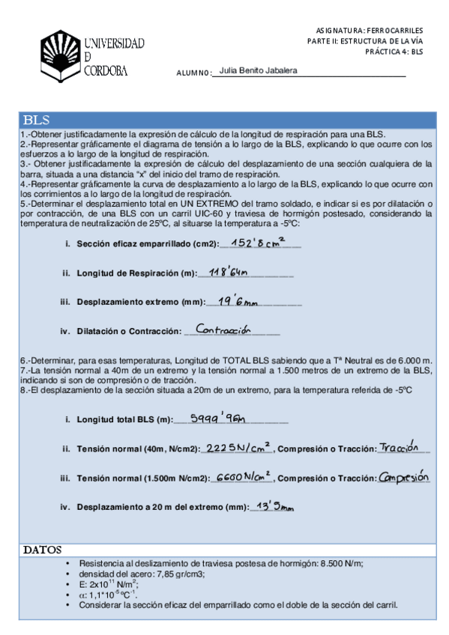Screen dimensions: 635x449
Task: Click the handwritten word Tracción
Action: (402, 447)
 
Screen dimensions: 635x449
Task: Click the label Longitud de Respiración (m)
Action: (135, 273)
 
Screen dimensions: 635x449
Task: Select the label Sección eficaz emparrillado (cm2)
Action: (147, 244)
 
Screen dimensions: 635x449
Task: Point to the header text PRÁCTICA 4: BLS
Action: (395, 52)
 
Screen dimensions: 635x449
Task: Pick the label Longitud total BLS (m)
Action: (124, 419)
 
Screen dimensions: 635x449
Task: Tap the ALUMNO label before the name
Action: (193, 73)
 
